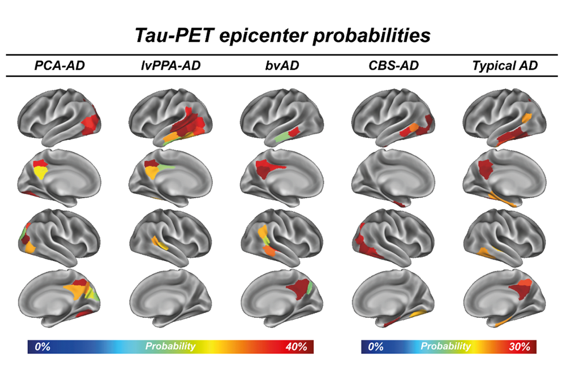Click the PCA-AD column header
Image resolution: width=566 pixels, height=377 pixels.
pos(59,66)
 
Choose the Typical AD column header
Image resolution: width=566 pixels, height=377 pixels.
pos(504,66)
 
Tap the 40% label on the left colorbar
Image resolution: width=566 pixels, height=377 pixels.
pos(295,346)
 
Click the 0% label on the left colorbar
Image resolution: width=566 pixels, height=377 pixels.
pos(42,346)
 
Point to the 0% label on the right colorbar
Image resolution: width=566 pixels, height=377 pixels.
pos(376,346)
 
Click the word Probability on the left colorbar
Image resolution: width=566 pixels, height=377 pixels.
pos(171,346)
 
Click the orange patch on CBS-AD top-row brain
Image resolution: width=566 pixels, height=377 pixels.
pos(412,128)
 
